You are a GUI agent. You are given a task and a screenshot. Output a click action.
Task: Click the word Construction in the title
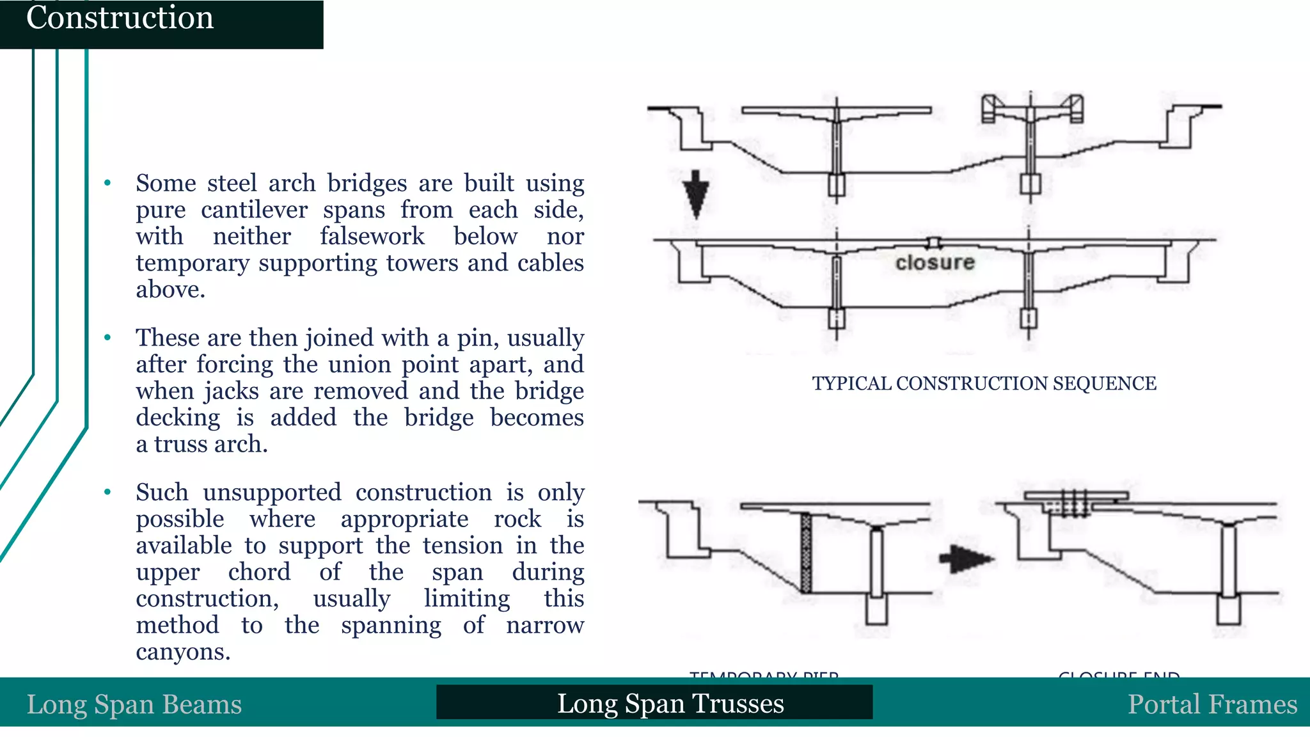[120, 18]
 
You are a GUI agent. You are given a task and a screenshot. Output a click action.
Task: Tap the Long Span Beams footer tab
[134, 704]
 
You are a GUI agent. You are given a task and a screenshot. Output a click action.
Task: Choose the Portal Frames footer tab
[1211, 704]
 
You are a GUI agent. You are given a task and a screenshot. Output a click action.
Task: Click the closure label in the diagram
[935, 262]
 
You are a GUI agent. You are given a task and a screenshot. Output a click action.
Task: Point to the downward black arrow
[696, 194]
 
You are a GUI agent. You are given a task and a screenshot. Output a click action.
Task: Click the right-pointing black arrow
[967, 559]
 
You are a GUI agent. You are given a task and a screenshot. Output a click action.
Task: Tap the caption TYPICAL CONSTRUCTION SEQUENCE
[984, 383]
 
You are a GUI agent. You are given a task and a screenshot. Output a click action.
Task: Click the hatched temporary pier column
[806, 553]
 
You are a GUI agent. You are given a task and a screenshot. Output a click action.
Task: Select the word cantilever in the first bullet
[254, 210]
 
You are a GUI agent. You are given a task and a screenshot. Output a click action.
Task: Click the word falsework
[372, 236]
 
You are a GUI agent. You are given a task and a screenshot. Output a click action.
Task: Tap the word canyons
[182, 652]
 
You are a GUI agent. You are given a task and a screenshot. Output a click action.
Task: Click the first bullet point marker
[107, 184]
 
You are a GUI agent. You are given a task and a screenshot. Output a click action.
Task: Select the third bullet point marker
[107, 493]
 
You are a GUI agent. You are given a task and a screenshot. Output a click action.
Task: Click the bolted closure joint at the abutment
[1075, 503]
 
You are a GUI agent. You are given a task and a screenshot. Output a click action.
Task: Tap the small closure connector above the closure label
[935, 242]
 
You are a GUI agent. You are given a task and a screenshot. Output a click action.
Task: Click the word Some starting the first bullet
[166, 183]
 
